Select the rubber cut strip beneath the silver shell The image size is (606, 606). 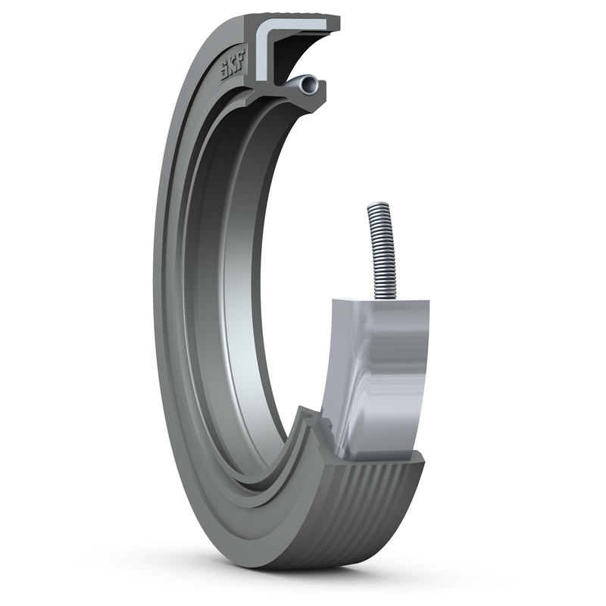click(379, 458)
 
